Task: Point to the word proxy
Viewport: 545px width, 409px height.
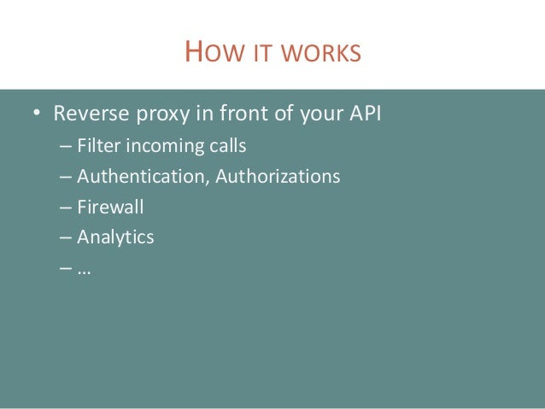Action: coord(158,114)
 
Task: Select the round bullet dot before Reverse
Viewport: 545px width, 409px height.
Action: coord(38,114)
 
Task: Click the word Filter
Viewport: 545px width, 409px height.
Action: coord(99,146)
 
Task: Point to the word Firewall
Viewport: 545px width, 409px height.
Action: coord(110,207)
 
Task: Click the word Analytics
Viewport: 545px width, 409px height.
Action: coord(115,237)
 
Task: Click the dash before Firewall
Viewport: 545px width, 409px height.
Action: coord(67,207)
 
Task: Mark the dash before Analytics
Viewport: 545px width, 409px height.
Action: coord(67,238)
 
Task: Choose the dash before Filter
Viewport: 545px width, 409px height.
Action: coord(67,147)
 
